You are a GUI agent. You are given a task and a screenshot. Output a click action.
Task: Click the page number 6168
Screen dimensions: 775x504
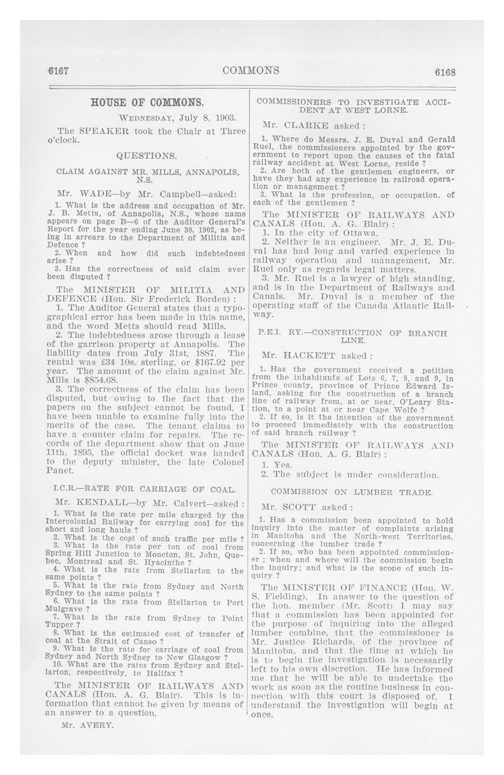[445, 72]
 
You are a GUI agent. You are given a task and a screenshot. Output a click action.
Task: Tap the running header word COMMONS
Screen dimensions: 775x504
[251, 70]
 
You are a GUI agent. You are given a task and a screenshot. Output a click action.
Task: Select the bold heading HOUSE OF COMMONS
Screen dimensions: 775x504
[147, 103]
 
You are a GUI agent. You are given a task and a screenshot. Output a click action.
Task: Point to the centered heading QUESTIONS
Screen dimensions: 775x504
[147, 156]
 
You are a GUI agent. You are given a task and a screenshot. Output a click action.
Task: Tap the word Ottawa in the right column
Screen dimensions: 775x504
[360, 233]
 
